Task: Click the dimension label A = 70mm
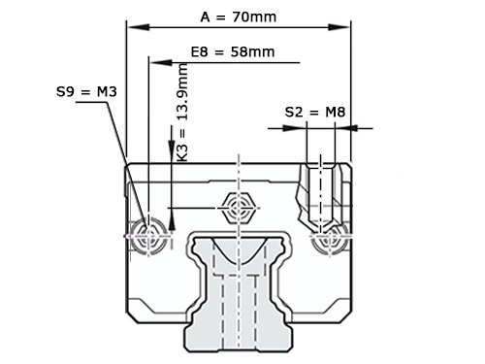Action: (x=237, y=17)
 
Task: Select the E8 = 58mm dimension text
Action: (x=233, y=50)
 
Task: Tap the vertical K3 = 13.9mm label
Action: (x=181, y=111)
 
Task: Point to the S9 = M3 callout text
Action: (x=86, y=92)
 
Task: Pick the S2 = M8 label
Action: (x=315, y=113)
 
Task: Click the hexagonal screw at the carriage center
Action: (x=238, y=206)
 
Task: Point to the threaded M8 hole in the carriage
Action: (x=320, y=189)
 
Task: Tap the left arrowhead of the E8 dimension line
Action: (x=152, y=60)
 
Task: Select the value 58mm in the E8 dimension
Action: (x=251, y=50)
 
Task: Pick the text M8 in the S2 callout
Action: (x=335, y=113)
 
